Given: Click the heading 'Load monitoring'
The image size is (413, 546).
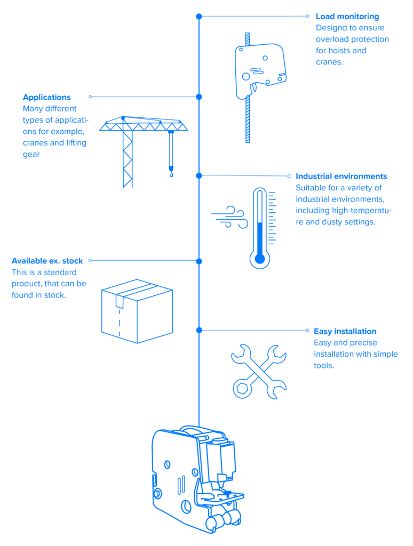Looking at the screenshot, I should [347, 17].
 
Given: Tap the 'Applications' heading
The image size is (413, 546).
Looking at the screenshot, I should [46, 98].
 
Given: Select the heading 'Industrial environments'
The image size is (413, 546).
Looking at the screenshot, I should [341, 176].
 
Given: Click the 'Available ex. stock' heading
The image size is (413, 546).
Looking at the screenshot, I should [47, 261].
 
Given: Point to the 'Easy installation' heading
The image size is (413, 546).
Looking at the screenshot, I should [345, 331].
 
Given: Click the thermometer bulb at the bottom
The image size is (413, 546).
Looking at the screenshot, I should [260, 259].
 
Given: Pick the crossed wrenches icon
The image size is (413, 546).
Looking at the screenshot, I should [258, 371].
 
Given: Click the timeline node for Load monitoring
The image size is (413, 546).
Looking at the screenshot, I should [199, 17].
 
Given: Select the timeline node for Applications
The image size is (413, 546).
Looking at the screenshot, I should [199, 97].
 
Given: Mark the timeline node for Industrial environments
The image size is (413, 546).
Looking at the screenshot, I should [199, 175].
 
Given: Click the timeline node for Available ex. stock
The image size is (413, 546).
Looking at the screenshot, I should [199, 261].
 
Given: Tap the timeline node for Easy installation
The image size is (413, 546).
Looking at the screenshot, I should [199, 330].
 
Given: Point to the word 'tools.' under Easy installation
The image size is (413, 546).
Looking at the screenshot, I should [323, 366].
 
